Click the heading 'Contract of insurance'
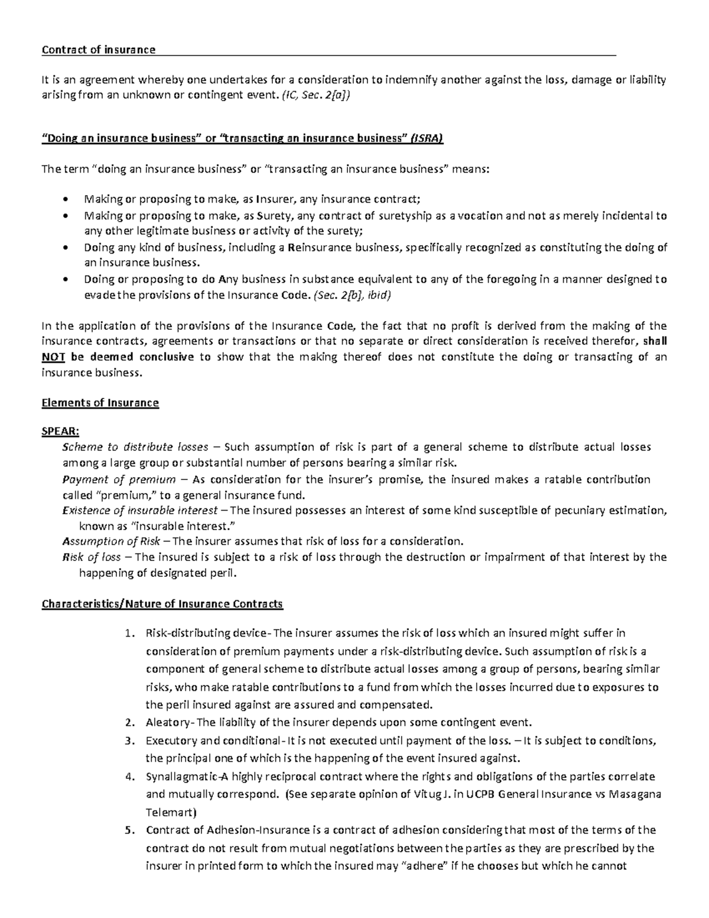(x=98, y=50)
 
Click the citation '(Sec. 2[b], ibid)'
(x=352, y=296)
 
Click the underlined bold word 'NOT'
(x=53, y=357)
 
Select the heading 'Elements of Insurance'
(x=100, y=403)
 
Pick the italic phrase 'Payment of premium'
(x=119, y=479)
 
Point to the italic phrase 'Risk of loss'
(x=92, y=557)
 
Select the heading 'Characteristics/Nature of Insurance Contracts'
(x=162, y=604)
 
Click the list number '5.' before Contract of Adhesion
(x=131, y=831)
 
